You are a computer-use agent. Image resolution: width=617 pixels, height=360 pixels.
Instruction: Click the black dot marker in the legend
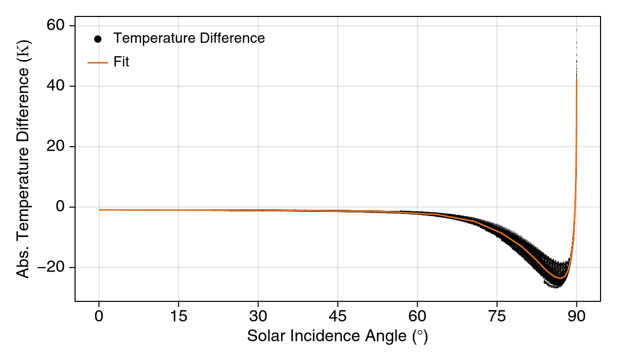click(x=98, y=39)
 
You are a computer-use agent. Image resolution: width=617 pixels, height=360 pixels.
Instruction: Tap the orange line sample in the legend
click(x=98, y=62)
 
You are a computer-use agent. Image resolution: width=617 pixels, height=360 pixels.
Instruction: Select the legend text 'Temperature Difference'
click(x=189, y=38)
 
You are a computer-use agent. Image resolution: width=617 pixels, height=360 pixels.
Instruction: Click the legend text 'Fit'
click(x=121, y=62)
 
